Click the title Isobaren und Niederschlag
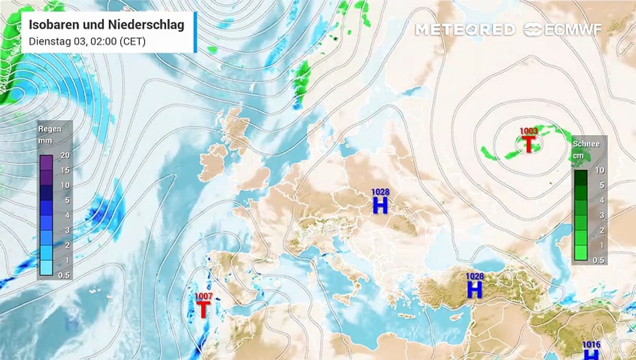pos(106,24)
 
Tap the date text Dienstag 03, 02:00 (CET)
pos(87,41)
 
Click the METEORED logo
pos(465,29)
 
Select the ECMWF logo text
pos(572,29)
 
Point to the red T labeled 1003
pos(528,144)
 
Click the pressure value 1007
pos(203,297)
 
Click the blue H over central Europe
pos(380,205)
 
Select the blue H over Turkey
pos(474,289)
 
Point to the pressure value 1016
pos(591,345)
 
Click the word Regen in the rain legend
pos(50,129)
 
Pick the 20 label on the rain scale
pos(65,155)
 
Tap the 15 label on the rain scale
pos(65,170)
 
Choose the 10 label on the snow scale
pos(599,170)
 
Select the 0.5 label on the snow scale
pos(598,260)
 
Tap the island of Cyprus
pos(455,317)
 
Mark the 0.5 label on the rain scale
pos(64,275)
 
